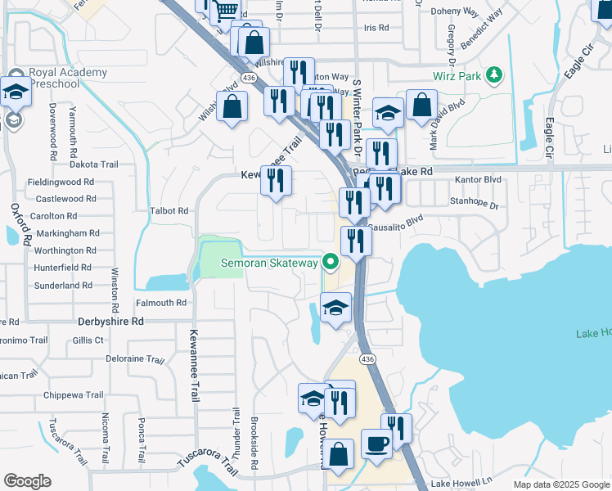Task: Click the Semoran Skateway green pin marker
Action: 331,263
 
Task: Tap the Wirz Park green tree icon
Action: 493,76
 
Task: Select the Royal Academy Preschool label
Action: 68,78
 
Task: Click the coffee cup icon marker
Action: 376,443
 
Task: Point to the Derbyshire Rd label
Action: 110,322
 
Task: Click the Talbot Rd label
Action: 169,210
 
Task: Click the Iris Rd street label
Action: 376,28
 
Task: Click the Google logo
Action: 27,481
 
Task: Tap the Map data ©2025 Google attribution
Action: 560,484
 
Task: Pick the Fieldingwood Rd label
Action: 61,182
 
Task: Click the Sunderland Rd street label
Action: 63,286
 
